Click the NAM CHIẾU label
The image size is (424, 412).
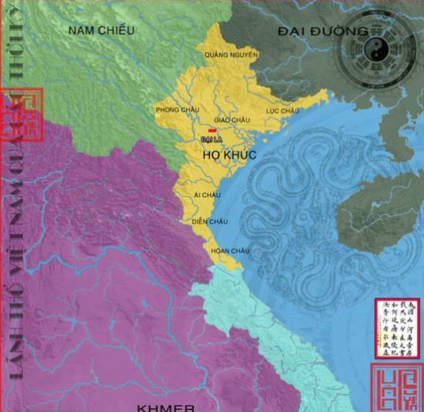tap(101, 30)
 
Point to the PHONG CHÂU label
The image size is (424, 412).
tap(177, 109)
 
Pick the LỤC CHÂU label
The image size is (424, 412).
tap(282, 111)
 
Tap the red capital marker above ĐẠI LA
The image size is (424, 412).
tap(212, 131)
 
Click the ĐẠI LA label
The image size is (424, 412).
tap(210, 140)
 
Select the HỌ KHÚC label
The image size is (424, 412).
tap(229, 155)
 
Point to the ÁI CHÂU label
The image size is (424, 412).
tap(207, 195)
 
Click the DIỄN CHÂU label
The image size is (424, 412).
tap(210, 222)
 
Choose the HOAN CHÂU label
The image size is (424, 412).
tap(229, 251)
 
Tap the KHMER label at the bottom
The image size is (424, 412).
tap(165, 407)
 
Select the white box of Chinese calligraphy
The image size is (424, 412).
tap(397, 327)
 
